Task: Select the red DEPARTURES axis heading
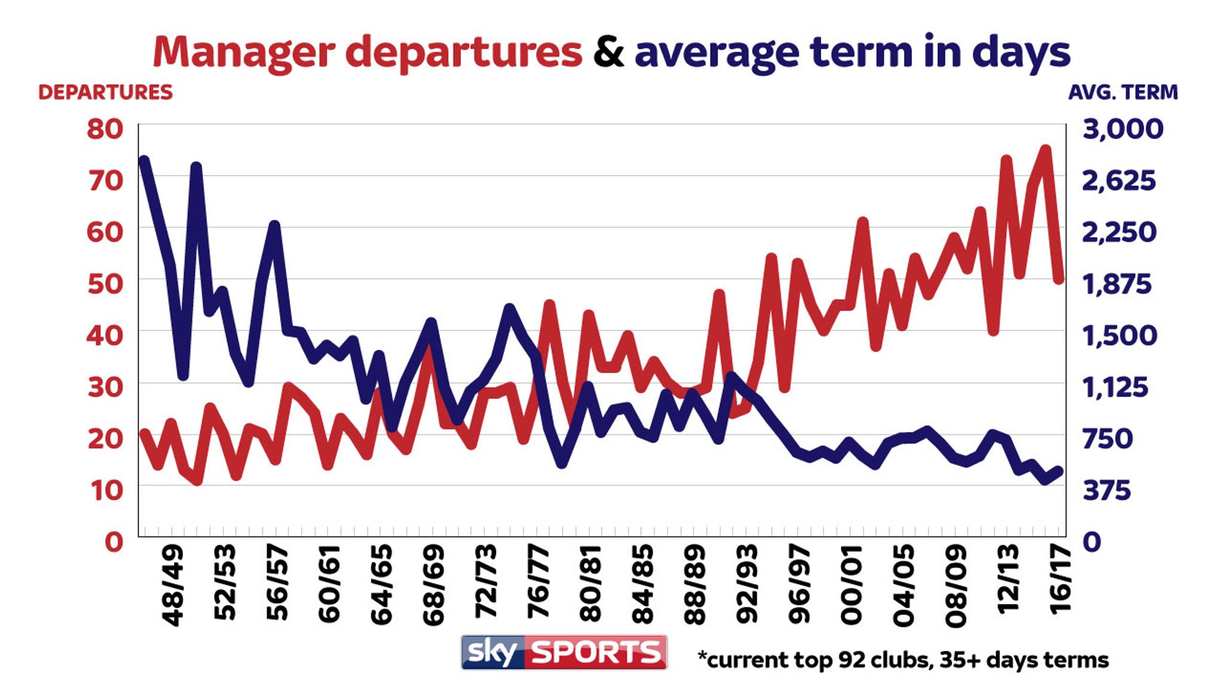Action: (x=105, y=93)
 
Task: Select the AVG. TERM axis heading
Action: (x=1123, y=93)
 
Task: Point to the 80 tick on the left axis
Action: (x=105, y=129)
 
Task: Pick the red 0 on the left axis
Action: (x=113, y=542)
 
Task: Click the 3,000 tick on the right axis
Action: (x=1123, y=129)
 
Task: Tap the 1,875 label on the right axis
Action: (x=1117, y=284)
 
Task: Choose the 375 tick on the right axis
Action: (x=1107, y=490)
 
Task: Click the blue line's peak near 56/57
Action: (x=274, y=226)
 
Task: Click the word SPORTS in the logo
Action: (x=595, y=652)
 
